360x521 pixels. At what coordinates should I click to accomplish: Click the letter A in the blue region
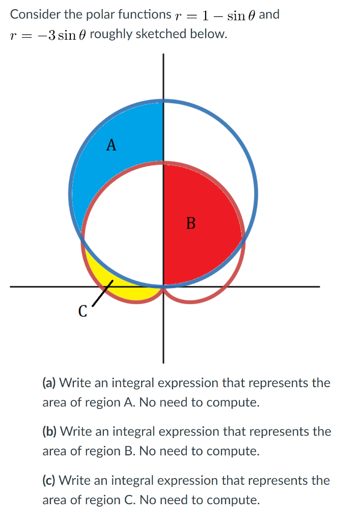pyautogui.click(x=112, y=146)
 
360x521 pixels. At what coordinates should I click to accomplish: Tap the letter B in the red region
pyautogui.click(x=191, y=223)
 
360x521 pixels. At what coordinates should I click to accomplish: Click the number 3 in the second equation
pyautogui.click(x=51, y=35)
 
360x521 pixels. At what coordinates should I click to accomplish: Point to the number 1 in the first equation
pyautogui.click(x=205, y=15)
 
